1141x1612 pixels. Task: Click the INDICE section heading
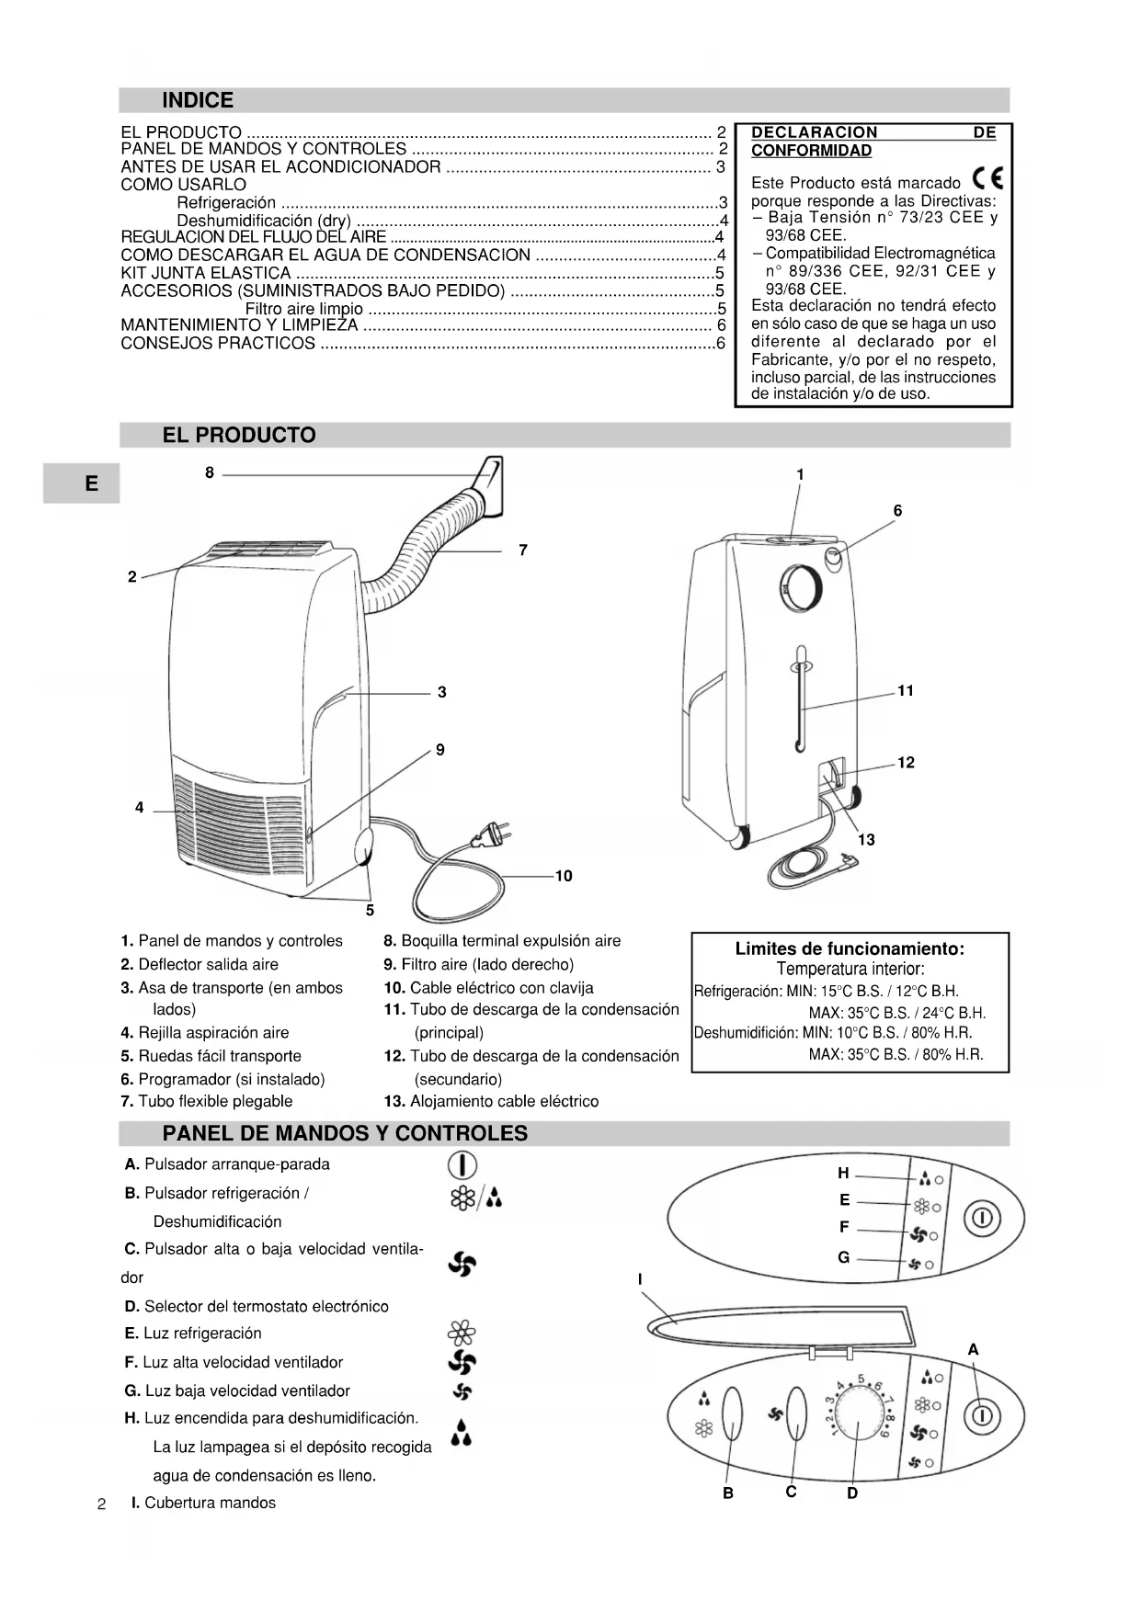pos(198,100)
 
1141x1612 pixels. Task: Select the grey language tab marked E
pos(91,483)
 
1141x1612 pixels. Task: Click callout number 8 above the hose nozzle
pos(210,472)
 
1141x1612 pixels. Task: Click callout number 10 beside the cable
pos(564,876)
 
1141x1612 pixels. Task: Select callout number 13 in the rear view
pos(866,839)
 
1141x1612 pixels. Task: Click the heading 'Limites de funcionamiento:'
pos(850,948)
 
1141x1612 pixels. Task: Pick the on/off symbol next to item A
pos(462,1165)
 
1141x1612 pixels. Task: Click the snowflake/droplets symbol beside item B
pos(475,1198)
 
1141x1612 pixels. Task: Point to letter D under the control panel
pos(852,1493)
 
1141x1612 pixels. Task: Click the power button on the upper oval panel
pos(981,1219)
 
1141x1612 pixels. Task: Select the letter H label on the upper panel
pos(843,1173)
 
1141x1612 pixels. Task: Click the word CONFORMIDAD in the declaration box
pos(811,151)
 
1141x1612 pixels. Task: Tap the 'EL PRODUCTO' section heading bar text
pos(239,436)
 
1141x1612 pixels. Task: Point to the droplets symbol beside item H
pos(462,1432)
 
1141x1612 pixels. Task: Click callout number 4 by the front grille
pos(140,808)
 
